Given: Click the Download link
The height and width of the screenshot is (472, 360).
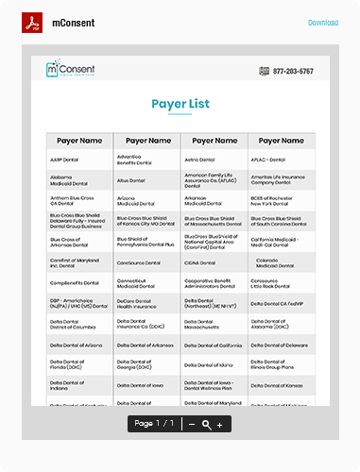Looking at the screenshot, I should (x=322, y=23).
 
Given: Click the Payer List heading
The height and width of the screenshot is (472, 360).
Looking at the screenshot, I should (x=180, y=104).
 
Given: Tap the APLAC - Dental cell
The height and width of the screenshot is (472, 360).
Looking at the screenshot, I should (x=268, y=160).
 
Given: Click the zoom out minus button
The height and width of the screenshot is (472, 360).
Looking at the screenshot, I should (x=192, y=424).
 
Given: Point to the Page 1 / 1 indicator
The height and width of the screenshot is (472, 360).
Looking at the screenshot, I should (x=154, y=424).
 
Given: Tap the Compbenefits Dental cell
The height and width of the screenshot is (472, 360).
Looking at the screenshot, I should (x=73, y=281).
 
